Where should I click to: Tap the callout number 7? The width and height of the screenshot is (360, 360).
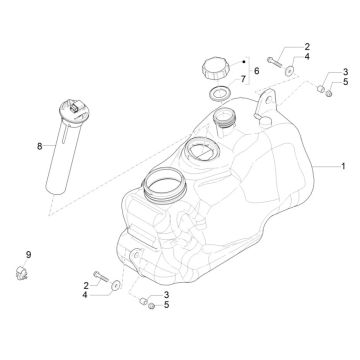click(240, 79)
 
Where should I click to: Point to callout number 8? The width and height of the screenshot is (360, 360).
click(40, 146)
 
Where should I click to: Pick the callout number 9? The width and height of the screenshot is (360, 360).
click(28, 255)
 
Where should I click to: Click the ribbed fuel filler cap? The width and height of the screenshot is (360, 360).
click(215, 69)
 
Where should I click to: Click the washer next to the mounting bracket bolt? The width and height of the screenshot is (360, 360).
click(291, 70)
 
